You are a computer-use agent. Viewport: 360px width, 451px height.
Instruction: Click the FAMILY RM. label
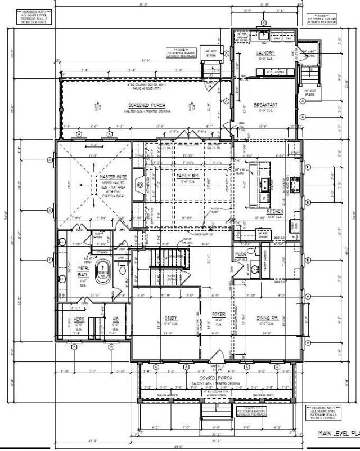187,175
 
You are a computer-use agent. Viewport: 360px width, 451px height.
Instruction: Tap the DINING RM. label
267,318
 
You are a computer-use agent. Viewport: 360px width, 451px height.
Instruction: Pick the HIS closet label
114,318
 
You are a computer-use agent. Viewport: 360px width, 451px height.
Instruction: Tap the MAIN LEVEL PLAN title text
337,433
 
